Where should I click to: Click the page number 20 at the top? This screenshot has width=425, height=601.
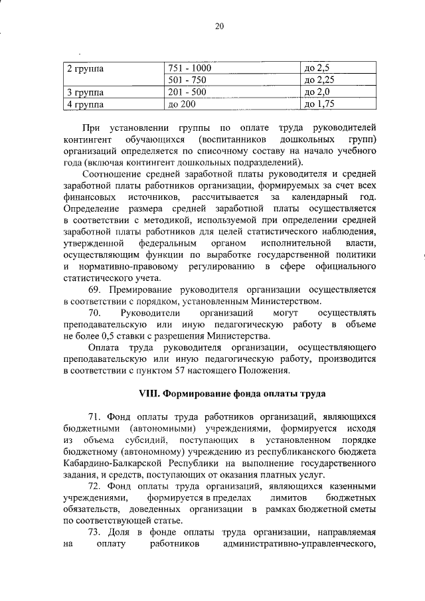point(220,26)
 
